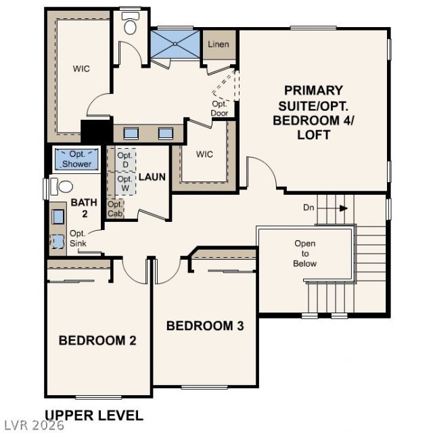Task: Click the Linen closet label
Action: [219, 44]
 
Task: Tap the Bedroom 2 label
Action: [97, 340]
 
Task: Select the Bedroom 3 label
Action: [205, 326]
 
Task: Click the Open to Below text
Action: [305, 254]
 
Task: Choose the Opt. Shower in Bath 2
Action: [76, 160]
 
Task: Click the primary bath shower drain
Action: [175, 44]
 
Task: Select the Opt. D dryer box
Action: [126, 160]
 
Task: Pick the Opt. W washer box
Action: [126, 183]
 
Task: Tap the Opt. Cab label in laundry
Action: [115, 209]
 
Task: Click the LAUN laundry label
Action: [152, 177]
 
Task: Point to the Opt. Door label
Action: [219, 108]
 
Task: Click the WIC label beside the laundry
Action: [204, 154]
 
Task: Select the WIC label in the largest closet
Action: [81, 69]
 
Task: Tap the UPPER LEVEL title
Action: [94, 415]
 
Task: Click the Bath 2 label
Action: [84, 208]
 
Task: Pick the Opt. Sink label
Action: [78, 238]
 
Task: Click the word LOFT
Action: [314, 135]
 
